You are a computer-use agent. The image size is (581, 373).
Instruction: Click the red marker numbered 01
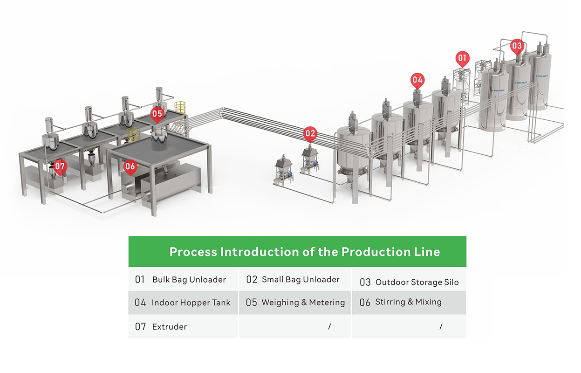coord(462,58)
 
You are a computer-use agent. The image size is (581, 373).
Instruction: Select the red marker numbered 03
coord(517,46)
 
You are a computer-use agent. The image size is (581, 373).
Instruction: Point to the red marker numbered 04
coord(417,80)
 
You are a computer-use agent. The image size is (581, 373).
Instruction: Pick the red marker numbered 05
coord(157,113)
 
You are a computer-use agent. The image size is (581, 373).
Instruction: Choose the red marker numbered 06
coord(130,166)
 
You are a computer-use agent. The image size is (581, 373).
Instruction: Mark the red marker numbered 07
coord(59,166)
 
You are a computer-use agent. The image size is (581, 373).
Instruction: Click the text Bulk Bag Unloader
coord(189,280)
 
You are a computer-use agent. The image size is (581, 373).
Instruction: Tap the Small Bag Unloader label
coord(301,280)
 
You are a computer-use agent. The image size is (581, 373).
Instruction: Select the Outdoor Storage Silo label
coord(417,282)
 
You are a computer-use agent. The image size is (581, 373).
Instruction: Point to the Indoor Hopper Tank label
coord(191,303)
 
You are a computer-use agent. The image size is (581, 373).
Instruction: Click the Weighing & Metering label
coord(303,303)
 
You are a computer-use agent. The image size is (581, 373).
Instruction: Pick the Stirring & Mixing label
coord(408,302)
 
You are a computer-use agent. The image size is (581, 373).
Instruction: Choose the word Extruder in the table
coord(170,327)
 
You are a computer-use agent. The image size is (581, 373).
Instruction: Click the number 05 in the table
coord(252,303)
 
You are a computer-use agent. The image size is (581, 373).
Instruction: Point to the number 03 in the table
coord(365,282)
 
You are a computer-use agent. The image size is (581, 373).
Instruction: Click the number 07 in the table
coord(141,327)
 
